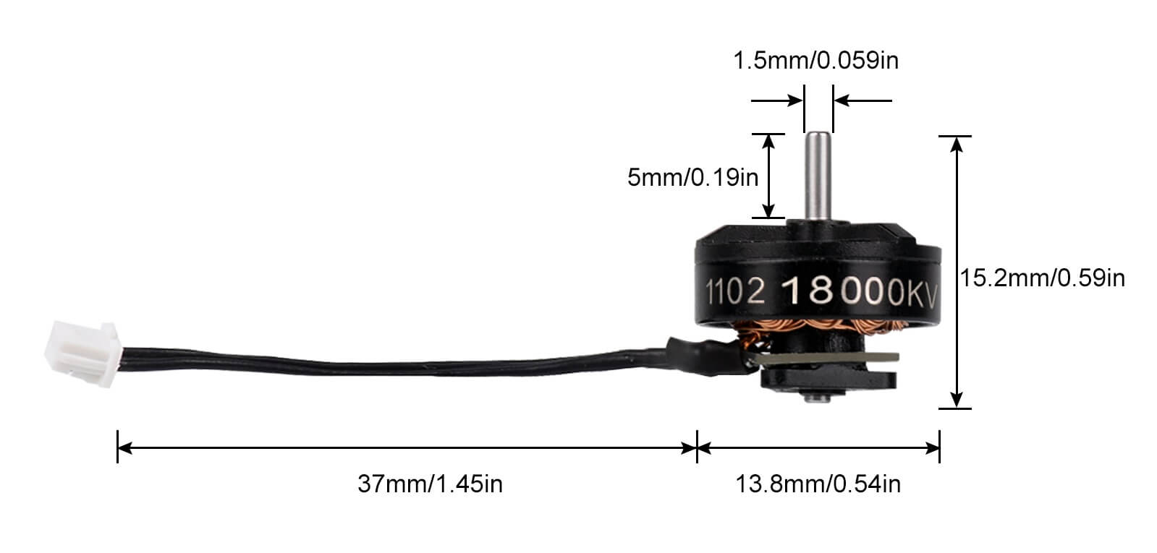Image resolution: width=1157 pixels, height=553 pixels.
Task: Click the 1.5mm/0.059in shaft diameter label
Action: pos(815,60)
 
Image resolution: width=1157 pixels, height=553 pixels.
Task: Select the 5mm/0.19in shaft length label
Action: pos(692,176)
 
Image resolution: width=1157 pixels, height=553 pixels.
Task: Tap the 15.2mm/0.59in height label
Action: pos(1043,277)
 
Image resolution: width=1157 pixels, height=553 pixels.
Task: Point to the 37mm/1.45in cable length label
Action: pos(430,483)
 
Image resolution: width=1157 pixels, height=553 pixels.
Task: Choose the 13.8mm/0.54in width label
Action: pos(818,483)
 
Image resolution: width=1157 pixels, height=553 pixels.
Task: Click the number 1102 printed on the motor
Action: pos(735,291)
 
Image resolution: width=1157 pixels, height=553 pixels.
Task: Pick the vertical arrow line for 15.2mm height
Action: pos(957,272)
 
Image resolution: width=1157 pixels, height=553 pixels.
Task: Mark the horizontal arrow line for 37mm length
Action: pos(405,448)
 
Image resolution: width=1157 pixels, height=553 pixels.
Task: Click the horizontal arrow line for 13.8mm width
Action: pos(818,448)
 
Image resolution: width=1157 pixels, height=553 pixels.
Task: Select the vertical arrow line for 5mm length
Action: pos(769,176)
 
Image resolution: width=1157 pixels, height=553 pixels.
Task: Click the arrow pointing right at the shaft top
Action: pos(778,100)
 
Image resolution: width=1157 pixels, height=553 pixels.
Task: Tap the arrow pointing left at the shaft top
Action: pos(861,100)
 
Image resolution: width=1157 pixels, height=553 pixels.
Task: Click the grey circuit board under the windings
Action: pos(832,357)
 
